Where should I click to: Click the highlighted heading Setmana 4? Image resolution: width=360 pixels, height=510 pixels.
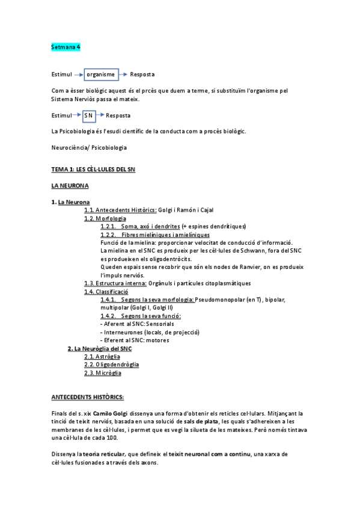[66, 46]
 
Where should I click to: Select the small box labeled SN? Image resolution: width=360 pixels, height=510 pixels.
[89, 115]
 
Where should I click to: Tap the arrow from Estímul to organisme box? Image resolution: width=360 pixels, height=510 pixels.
[78, 75]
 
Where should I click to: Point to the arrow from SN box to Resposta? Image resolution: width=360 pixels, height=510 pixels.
[100, 115]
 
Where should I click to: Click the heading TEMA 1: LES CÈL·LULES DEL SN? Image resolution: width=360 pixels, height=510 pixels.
[93, 170]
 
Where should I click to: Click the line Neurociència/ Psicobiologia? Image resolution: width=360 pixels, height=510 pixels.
[90, 147]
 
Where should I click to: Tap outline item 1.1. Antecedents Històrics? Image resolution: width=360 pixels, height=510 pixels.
[120, 210]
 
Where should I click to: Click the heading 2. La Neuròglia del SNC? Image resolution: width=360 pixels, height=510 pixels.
[99, 348]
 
